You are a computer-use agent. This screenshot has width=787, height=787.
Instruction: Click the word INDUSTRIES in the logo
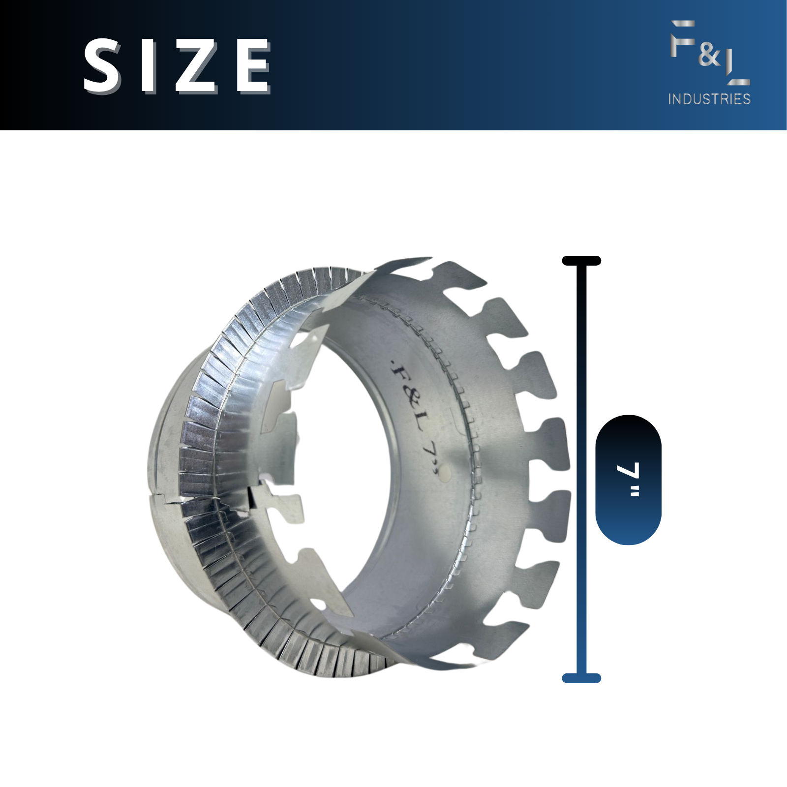coord(709,99)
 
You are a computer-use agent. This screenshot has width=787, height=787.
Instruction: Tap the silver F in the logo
coord(682,38)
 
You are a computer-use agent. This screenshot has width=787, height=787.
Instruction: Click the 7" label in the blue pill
coord(629,479)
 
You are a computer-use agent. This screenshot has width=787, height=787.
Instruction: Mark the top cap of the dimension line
coord(581,261)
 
